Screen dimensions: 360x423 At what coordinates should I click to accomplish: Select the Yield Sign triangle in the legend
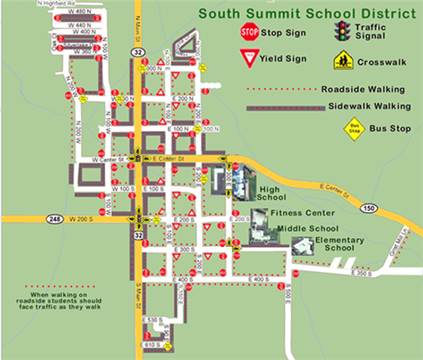tap(249, 57)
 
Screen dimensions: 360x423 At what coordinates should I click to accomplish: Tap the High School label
tap(271, 194)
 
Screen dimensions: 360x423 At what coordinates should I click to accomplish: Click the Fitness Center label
tap(303, 213)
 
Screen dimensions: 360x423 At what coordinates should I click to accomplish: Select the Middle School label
tap(309, 229)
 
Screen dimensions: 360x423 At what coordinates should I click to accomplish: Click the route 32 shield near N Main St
tap(138, 52)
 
